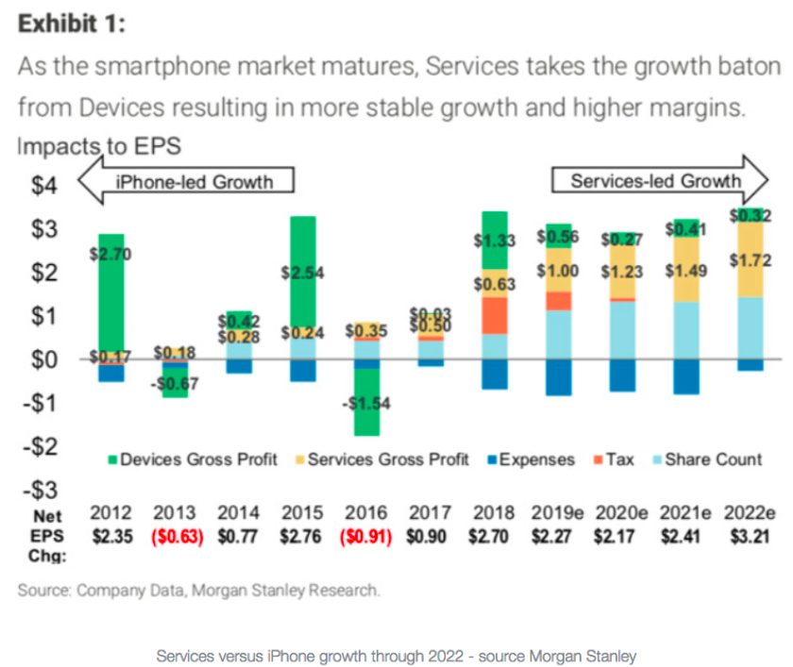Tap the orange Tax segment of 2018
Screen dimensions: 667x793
(495, 315)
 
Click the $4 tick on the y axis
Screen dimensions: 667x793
(42, 185)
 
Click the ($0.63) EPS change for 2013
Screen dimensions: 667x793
(175, 537)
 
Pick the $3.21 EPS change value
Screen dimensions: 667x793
(750, 537)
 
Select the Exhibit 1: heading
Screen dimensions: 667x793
(71, 24)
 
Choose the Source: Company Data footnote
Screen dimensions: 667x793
(198, 592)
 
